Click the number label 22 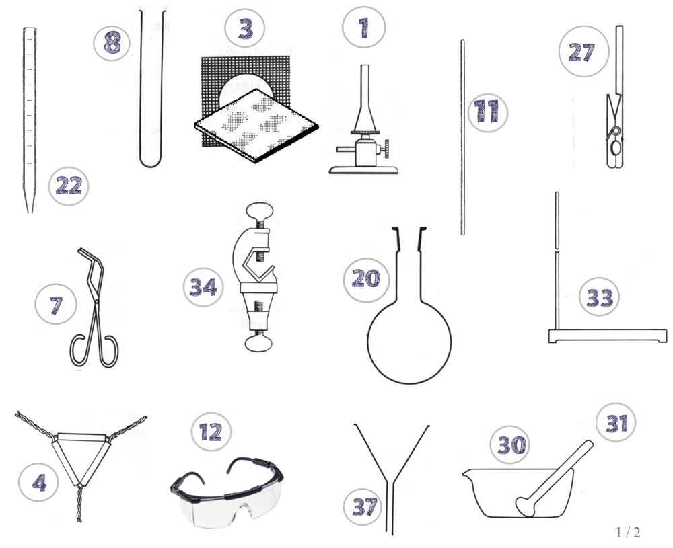pyautogui.click(x=69, y=186)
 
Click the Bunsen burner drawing pyautogui.click(x=364, y=134)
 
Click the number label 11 pyautogui.click(x=486, y=111)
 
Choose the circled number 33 pyautogui.click(x=599, y=297)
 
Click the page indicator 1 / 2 pyautogui.click(x=627, y=532)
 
